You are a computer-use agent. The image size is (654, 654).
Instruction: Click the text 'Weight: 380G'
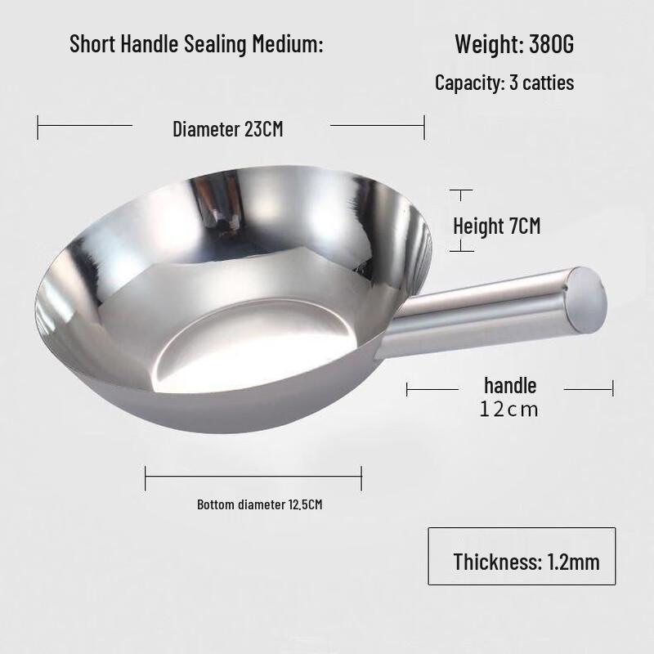point(514,43)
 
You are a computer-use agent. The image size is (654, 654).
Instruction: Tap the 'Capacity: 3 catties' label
point(504,83)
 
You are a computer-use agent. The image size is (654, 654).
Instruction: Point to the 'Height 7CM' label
point(497,226)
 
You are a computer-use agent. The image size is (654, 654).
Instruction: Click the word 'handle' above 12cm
point(510,385)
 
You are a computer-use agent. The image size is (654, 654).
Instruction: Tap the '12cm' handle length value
point(510,409)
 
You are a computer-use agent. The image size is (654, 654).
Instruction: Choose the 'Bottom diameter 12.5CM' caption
point(260,504)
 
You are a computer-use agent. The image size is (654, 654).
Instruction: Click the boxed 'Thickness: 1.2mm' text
point(526,562)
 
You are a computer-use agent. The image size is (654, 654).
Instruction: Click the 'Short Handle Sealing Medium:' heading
point(197,43)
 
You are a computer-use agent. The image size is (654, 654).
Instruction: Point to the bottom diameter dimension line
point(253,477)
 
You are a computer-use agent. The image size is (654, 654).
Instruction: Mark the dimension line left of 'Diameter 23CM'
point(85,126)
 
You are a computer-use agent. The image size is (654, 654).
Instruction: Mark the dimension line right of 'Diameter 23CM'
point(377,126)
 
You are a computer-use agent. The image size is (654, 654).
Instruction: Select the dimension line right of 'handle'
point(589,390)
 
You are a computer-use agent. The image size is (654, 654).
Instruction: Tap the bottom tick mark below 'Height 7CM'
point(462,251)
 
